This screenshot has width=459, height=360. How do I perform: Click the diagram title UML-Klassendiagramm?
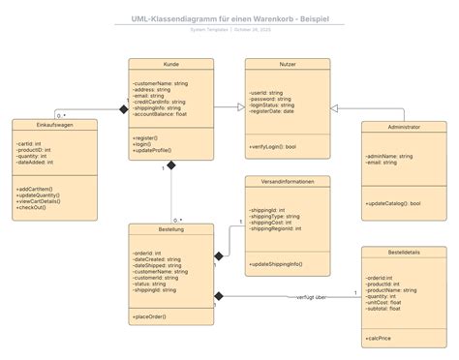tap(229, 18)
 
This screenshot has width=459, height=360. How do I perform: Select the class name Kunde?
tap(171, 65)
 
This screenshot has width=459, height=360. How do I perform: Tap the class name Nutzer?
tap(287, 65)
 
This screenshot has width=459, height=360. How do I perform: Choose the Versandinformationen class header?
tap(287, 181)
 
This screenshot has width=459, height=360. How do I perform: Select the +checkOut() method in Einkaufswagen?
tap(35, 209)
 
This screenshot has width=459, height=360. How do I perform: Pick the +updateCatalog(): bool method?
tap(393, 204)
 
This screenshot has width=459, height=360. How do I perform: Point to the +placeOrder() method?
tap(151, 316)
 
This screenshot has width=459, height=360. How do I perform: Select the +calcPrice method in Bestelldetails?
tap(380, 339)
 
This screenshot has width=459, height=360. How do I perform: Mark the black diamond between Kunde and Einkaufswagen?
tap(123, 109)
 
